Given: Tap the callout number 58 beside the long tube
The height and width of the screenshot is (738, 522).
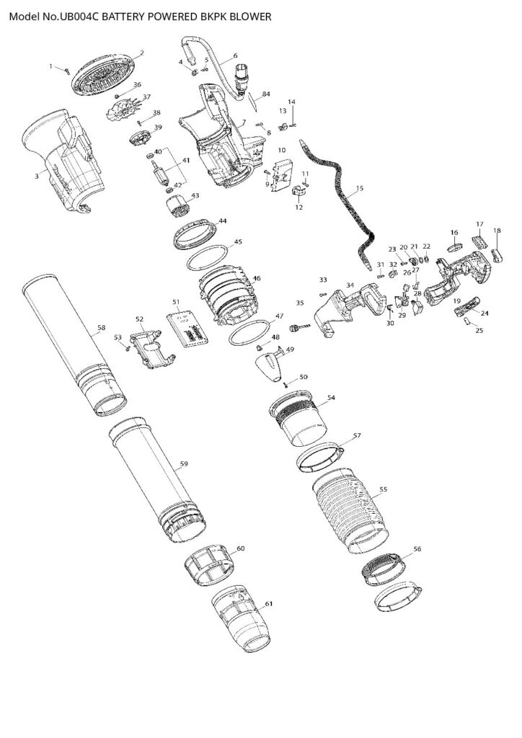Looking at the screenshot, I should [x=101, y=328].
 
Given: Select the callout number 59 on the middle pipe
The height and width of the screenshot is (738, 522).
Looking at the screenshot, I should [x=184, y=464].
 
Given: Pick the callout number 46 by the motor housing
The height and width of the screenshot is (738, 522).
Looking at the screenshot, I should [x=257, y=278].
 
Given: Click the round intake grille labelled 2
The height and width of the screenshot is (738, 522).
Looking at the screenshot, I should [x=105, y=74].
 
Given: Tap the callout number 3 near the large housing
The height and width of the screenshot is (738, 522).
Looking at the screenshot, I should [x=37, y=176].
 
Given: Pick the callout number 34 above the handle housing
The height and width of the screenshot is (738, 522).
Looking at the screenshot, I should [x=350, y=285].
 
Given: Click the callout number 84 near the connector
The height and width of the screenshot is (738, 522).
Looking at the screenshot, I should [x=266, y=94].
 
